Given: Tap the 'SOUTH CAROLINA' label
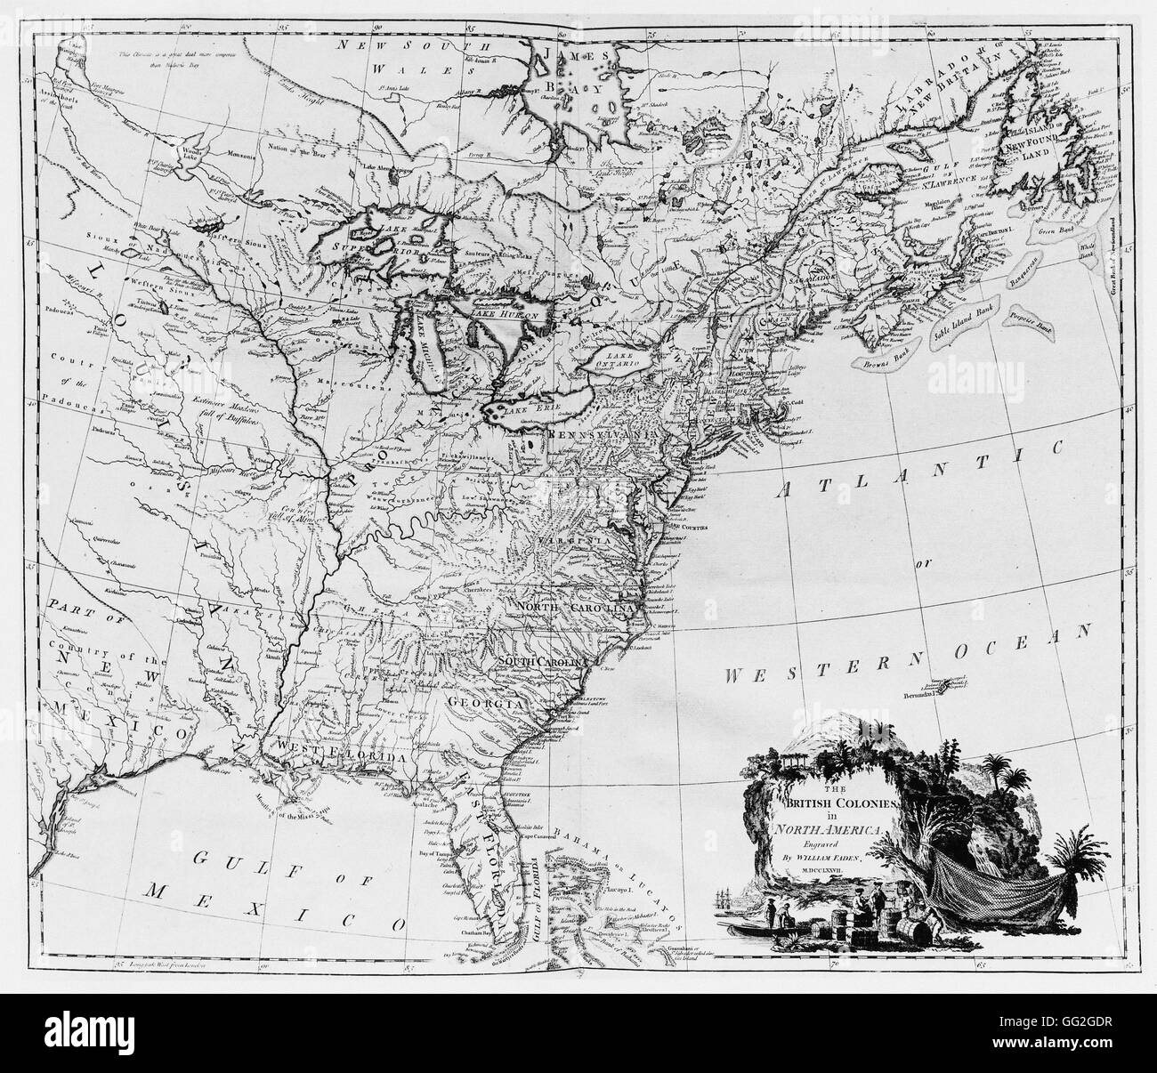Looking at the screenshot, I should pyautogui.click(x=542, y=663).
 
